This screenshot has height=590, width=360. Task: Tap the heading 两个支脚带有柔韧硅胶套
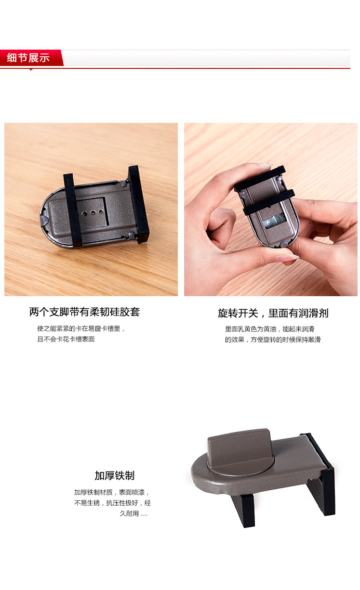pyautogui.click(x=84, y=312)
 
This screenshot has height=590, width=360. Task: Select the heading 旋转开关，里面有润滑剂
pyautogui.click(x=273, y=314)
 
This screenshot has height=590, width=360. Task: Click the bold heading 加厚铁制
pyautogui.click(x=114, y=476)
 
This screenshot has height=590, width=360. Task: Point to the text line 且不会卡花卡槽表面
pyautogui.click(x=66, y=339)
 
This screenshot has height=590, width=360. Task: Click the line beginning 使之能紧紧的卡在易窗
pyautogui.click(x=81, y=328)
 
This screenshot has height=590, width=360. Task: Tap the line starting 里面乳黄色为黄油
pyautogui.click(x=269, y=329)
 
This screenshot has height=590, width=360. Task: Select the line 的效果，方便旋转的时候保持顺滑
pyautogui.click(x=272, y=340)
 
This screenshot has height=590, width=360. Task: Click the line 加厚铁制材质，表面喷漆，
pyautogui.click(x=112, y=492)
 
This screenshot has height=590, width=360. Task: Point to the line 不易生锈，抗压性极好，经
pyautogui.click(x=112, y=503)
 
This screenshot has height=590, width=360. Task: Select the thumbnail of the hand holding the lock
pyautogui.click(x=271, y=209)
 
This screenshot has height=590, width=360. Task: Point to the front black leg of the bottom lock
pyautogui.click(x=243, y=510)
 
